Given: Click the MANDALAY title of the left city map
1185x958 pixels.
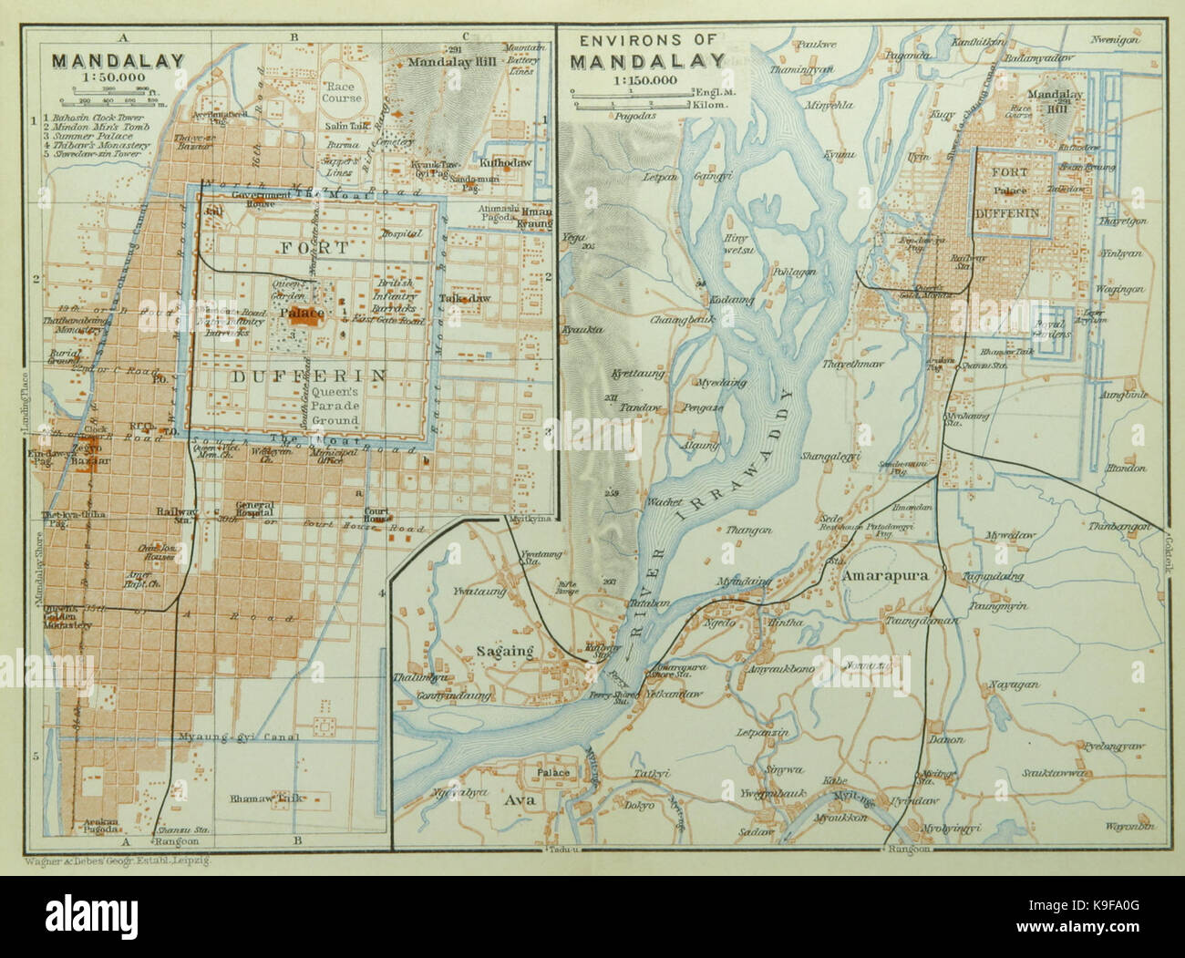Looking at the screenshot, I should click(x=118, y=61).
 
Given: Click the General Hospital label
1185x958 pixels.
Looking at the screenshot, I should click(x=254, y=510).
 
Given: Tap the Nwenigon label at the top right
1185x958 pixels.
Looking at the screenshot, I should click(x=1118, y=41).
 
